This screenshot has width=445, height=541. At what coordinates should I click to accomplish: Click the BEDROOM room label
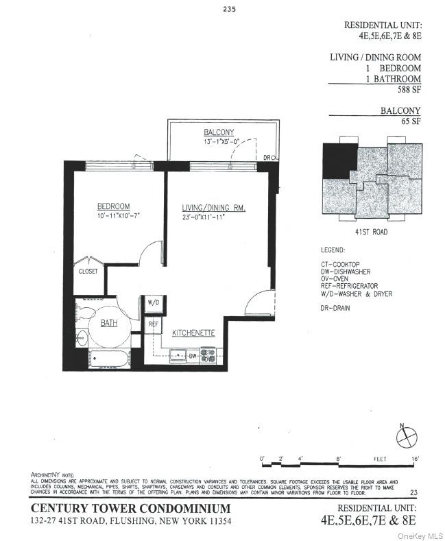[x=113, y=206]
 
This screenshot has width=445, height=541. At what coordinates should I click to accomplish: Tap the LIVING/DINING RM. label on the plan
[x=213, y=208]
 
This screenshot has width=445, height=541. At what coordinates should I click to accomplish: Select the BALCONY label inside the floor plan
[x=219, y=132]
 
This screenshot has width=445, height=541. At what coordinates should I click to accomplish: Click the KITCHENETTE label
[x=194, y=333]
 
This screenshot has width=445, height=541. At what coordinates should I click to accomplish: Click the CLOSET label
[x=88, y=272]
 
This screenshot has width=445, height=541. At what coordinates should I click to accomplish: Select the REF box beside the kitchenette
[x=153, y=323]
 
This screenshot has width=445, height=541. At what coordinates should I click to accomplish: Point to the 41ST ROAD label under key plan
[x=371, y=232]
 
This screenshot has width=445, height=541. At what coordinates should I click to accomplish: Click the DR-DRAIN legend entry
[x=335, y=308]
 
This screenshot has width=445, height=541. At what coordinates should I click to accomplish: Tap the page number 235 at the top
[x=228, y=9]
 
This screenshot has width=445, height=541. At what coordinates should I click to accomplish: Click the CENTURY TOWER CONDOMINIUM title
[x=131, y=508]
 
